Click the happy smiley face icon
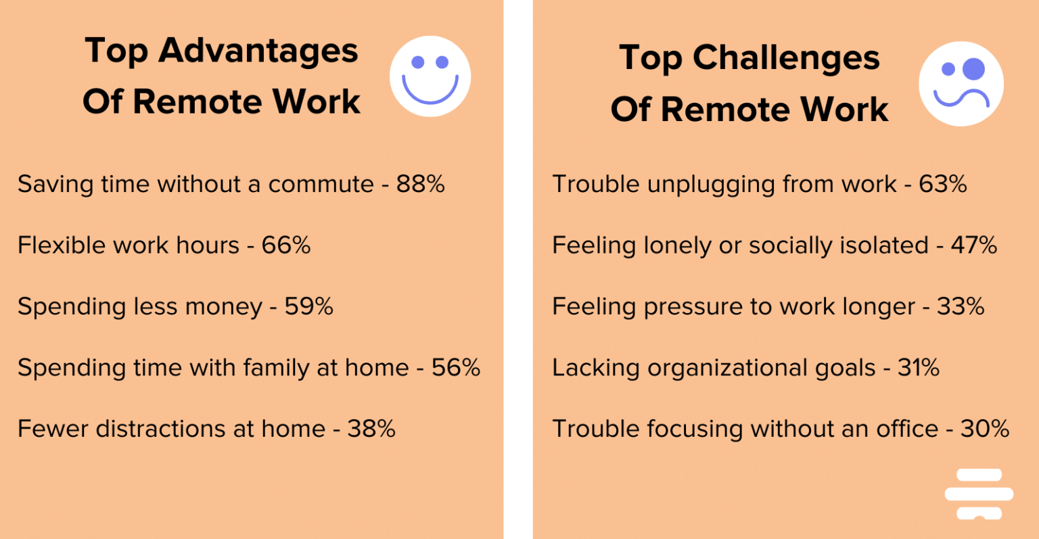click(430, 76)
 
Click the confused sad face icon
click(961, 84)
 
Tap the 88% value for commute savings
click(420, 184)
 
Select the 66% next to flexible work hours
click(286, 245)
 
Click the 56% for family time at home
click(456, 367)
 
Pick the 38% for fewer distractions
click(371, 429)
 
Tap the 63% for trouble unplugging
click(942, 184)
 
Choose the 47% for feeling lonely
click(973, 245)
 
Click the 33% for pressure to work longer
click(961, 306)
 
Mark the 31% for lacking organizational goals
click(918, 367)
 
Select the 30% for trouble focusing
click(985, 429)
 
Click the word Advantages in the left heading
click(258, 51)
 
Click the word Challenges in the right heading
click(786, 58)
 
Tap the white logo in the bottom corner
click(979, 494)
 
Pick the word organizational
click(761, 369)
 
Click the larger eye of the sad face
click(974, 68)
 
